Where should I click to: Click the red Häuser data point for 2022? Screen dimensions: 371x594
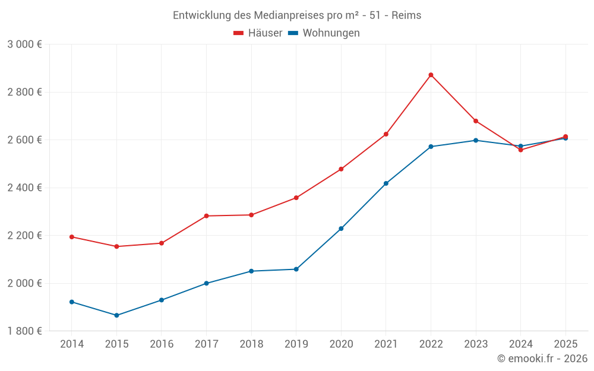(x=431, y=75)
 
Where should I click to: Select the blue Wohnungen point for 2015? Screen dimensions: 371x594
(x=116, y=315)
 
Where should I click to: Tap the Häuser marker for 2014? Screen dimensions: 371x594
(x=72, y=237)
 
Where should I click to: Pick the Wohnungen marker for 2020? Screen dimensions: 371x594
(x=341, y=229)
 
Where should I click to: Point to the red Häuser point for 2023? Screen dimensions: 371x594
(x=476, y=121)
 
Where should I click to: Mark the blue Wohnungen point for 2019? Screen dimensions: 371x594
(x=296, y=269)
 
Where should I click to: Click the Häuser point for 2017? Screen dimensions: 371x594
(x=206, y=216)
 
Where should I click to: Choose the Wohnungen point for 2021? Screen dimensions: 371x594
(x=386, y=183)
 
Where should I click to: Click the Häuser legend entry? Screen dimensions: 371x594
(x=258, y=33)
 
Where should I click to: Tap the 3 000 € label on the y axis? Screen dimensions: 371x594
(x=25, y=45)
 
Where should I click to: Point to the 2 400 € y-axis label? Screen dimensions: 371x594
(x=25, y=188)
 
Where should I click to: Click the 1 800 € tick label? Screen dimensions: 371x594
(x=25, y=331)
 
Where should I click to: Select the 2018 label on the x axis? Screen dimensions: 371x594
(x=251, y=344)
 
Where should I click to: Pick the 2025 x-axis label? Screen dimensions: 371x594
(x=565, y=344)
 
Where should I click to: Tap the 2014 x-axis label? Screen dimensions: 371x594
(x=72, y=344)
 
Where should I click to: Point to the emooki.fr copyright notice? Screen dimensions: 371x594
(x=542, y=359)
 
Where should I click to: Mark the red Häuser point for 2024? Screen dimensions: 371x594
(x=521, y=150)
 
